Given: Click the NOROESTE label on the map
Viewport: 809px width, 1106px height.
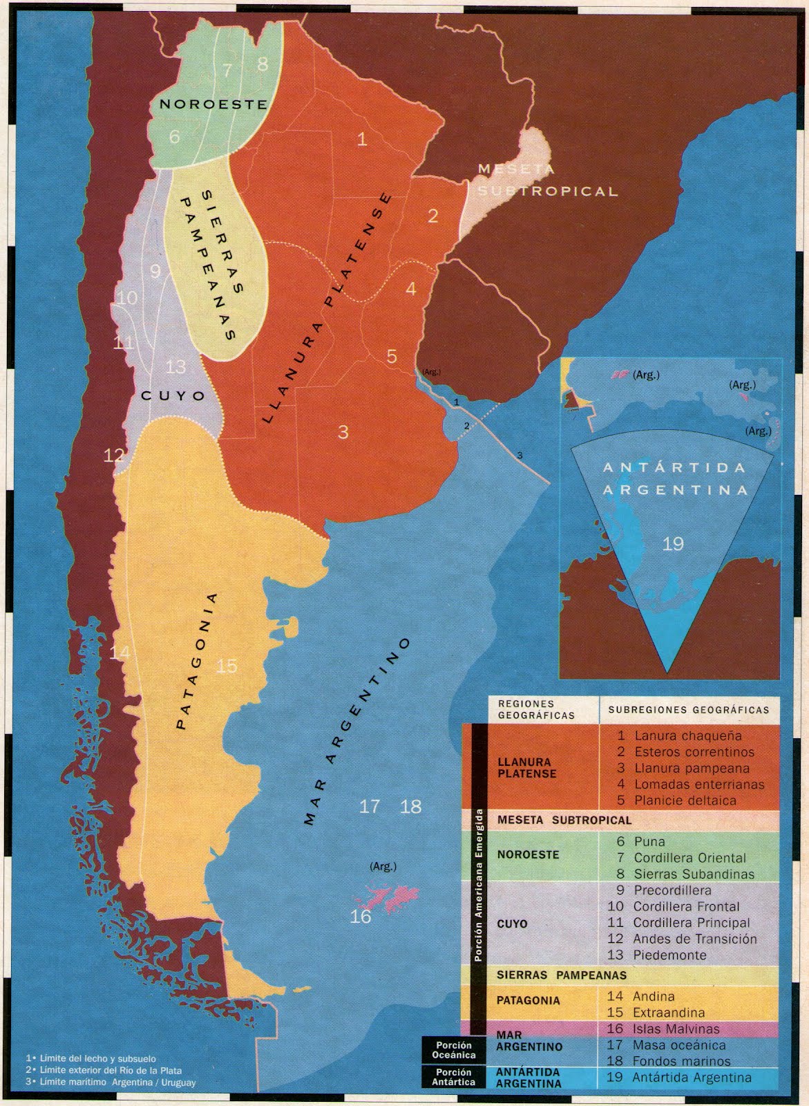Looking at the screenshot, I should click(x=213, y=104).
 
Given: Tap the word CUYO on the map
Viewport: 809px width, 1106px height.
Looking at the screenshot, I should click(x=173, y=395).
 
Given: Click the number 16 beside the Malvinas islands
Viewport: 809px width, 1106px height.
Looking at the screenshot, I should click(x=361, y=917).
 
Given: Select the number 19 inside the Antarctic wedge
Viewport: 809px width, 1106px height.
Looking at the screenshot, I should click(x=673, y=543).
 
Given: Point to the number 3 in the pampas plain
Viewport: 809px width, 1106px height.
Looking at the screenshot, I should click(x=343, y=432).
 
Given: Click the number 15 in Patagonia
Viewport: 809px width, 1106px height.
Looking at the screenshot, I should click(x=227, y=666).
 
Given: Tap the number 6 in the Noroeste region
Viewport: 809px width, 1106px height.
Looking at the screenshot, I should click(x=174, y=137).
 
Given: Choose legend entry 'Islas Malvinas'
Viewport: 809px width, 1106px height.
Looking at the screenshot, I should click(x=676, y=1029).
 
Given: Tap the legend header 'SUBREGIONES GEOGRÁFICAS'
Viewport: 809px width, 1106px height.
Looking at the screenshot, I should click(x=688, y=710).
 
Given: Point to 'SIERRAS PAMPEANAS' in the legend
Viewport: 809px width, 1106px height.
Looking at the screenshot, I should click(x=562, y=975).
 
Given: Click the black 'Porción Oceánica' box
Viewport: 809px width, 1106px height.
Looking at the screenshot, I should click(x=454, y=1051).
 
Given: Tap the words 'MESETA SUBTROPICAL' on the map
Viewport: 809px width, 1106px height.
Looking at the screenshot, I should click(x=546, y=181).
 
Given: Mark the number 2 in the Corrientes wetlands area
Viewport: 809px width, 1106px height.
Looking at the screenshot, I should click(x=433, y=216).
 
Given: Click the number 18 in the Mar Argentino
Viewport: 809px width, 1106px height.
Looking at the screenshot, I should click(x=411, y=806).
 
